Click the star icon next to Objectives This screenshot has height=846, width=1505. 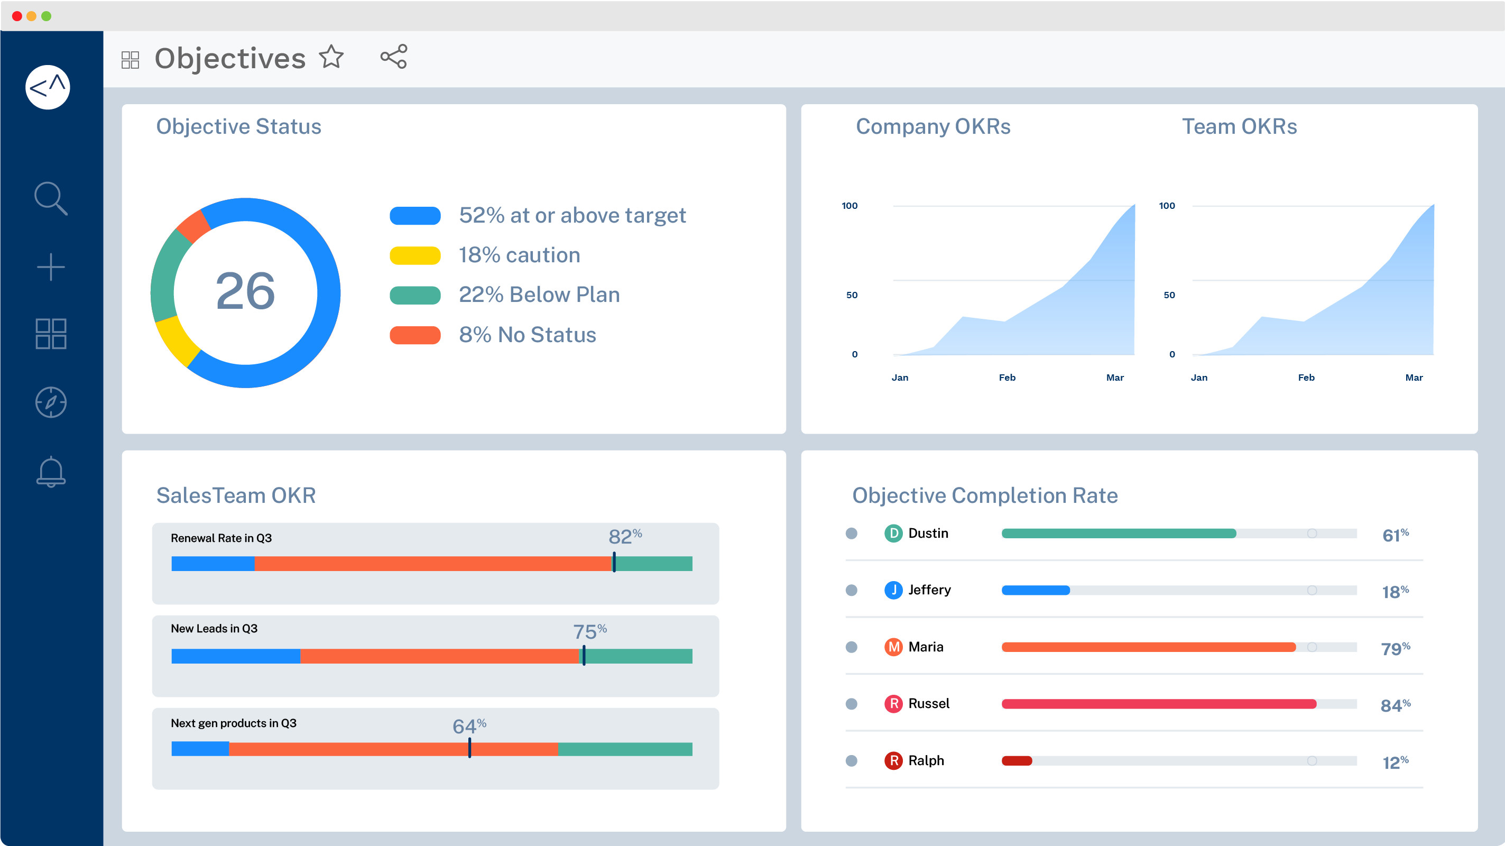pos(331,57)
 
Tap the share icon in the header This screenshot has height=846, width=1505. pos(394,57)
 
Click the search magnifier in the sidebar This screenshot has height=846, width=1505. pos(51,199)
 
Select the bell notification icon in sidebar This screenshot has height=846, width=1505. pos(51,472)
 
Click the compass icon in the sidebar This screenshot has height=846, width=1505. pos(51,402)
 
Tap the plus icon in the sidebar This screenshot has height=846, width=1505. pos(51,267)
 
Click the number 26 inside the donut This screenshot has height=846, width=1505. pos(245,291)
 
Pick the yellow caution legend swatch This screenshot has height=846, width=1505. pos(415,255)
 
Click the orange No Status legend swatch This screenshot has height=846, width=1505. pos(415,335)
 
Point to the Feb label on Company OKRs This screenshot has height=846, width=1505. pos(1007,378)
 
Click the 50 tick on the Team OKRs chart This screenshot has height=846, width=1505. pos(1168,295)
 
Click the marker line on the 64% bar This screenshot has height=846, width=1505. pos(470,748)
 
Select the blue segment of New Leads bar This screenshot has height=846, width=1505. pos(235,656)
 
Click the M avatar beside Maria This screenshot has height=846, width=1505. pos(893,647)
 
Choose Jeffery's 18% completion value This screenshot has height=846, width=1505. pos(1395,591)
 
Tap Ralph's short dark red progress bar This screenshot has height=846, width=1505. pos(1017,761)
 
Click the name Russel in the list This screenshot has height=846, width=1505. pos(928,703)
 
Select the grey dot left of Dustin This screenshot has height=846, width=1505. pos(851,534)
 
